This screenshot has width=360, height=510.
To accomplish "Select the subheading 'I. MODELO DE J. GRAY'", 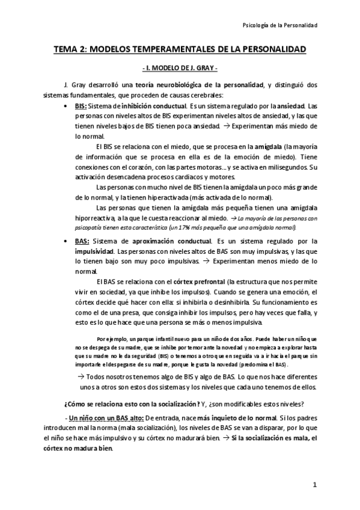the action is click(180, 68).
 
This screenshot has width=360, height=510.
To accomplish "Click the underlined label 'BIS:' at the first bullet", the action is click(81, 105).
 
